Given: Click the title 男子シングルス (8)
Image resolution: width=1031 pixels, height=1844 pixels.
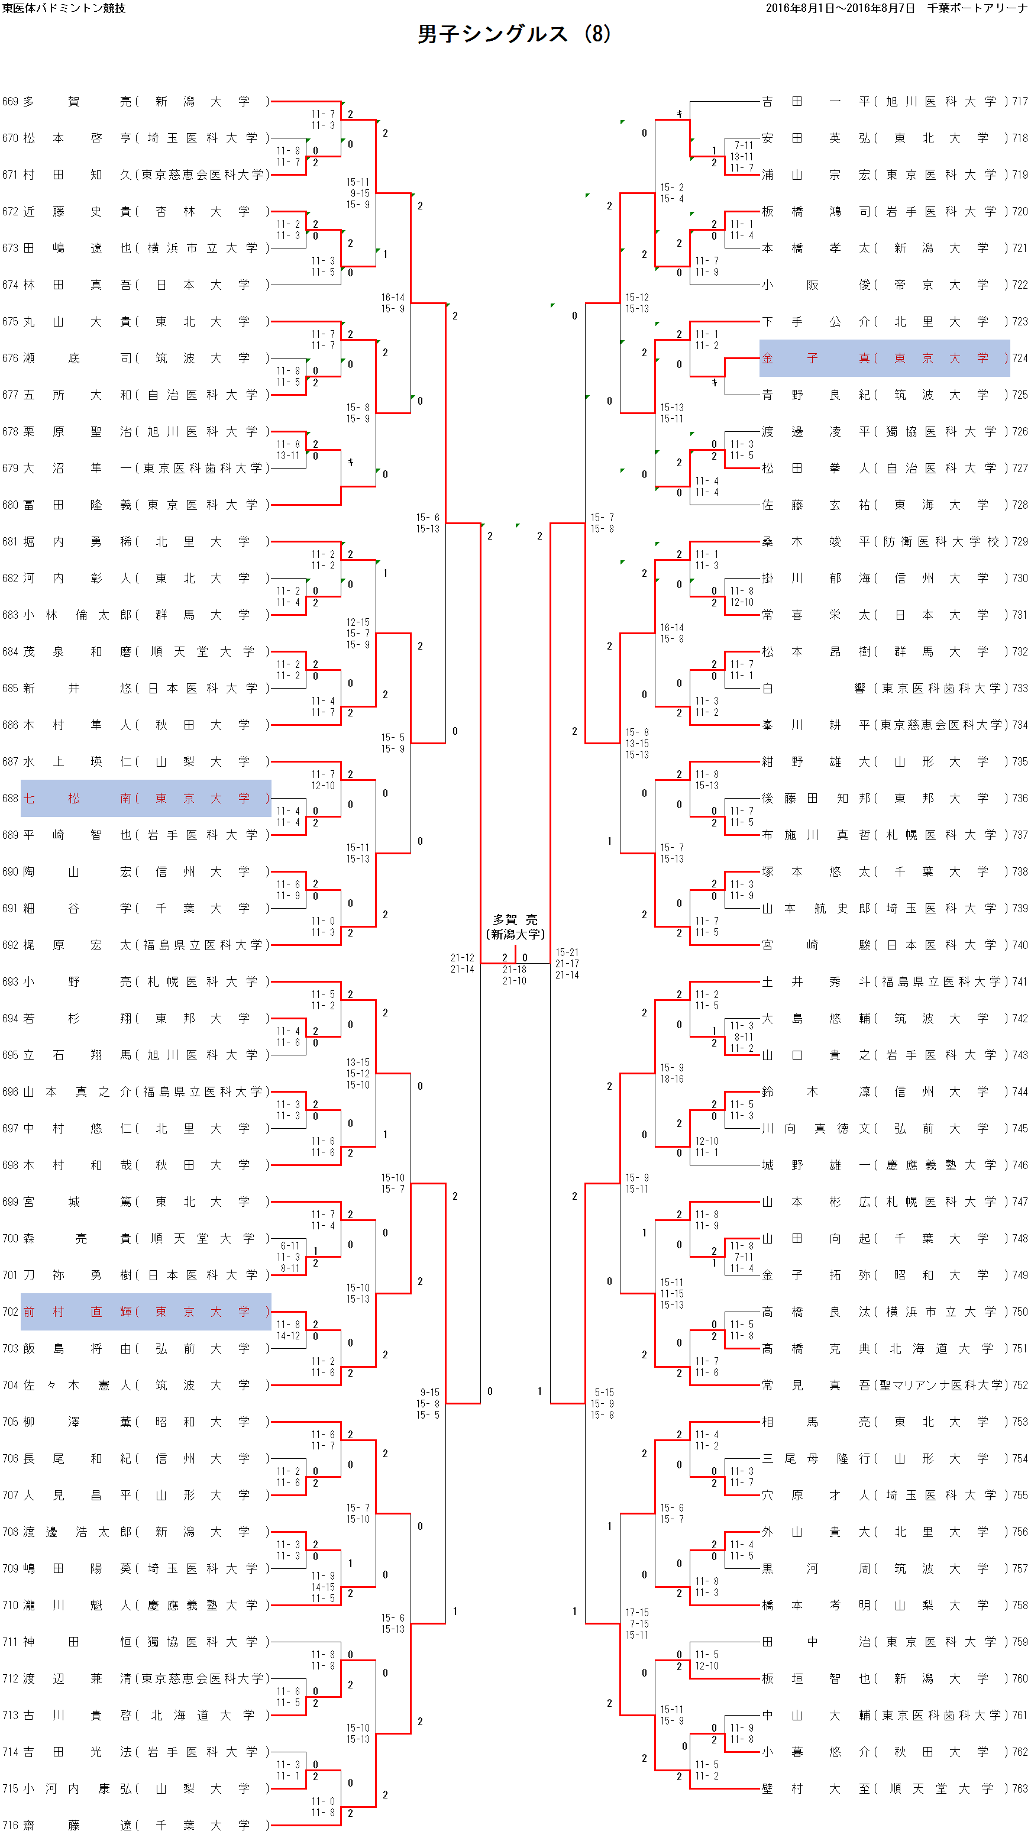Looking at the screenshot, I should (513, 34).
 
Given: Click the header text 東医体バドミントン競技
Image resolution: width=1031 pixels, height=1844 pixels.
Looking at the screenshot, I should (64, 8).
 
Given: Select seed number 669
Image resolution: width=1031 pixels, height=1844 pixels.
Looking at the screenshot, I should (10, 102).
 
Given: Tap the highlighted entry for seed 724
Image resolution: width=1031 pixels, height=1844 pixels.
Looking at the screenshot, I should (884, 358).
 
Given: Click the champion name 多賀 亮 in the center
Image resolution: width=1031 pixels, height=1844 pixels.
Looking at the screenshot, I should (515, 920).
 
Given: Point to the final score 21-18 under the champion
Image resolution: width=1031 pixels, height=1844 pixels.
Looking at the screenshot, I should (514, 969).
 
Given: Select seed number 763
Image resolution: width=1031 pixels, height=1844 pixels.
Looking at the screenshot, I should (1020, 1788).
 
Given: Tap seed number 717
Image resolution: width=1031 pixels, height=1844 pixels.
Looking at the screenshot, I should (1020, 102).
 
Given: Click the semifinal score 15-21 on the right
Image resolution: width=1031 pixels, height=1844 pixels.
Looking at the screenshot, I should (567, 952).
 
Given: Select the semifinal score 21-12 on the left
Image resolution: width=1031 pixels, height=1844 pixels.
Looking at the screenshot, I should (462, 957).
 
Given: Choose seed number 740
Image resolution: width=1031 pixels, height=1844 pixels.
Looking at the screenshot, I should (1020, 945).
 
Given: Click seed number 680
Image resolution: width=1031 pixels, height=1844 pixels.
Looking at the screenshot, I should (10, 505).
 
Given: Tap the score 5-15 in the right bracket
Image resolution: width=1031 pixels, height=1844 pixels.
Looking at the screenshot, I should (603, 1392).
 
